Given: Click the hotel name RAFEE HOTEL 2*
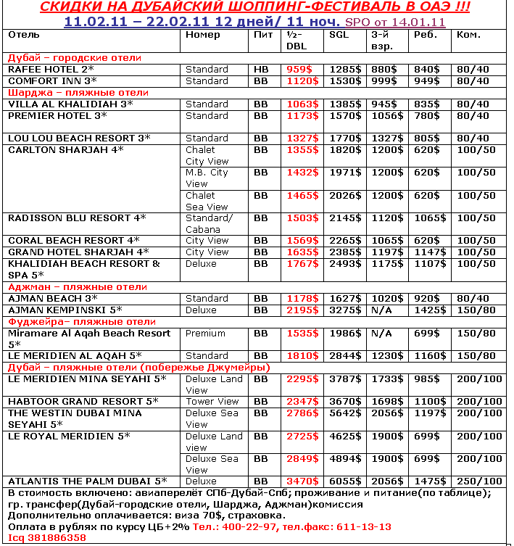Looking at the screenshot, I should [50, 70].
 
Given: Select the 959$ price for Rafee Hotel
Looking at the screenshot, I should [299, 70].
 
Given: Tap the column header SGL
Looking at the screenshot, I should [338, 35].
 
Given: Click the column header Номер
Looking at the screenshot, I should [203, 35].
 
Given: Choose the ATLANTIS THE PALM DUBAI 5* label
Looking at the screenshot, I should [87, 481].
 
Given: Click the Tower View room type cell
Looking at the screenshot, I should [212, 402].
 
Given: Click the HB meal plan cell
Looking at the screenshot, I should [261, 70].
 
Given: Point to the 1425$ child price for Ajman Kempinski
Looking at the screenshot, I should [427, 310].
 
